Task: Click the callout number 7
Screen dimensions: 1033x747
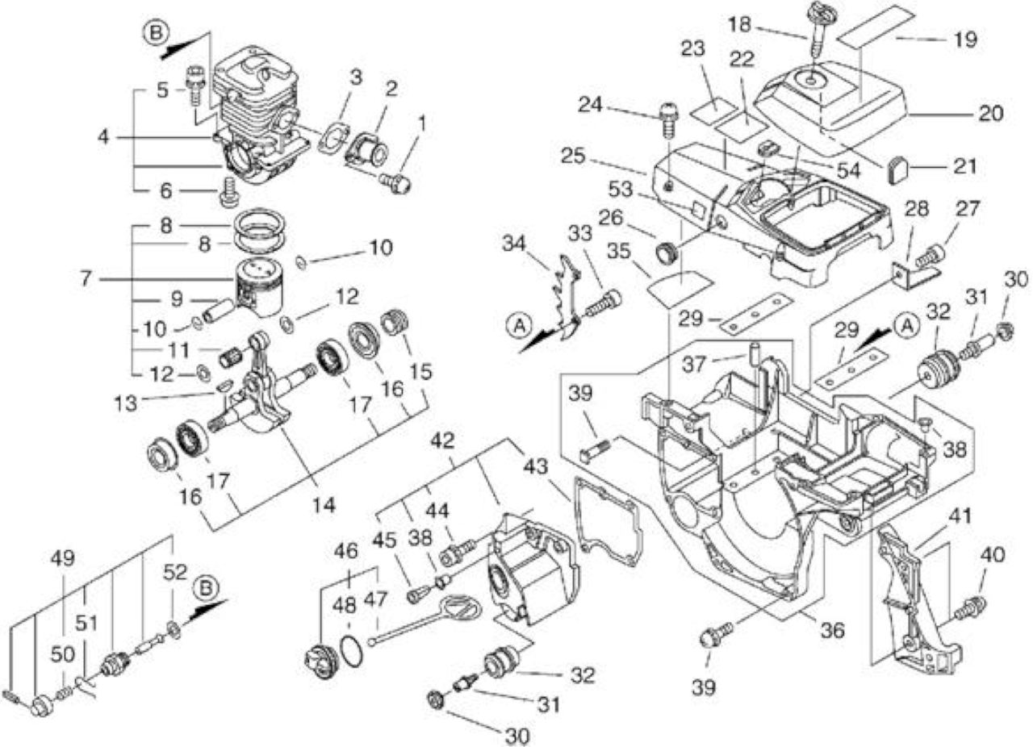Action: coord(86,278)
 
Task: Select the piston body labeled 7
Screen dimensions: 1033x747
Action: coord(259,287)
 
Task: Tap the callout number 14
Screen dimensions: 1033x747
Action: coord(324,504)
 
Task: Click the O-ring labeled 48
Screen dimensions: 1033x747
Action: coord(351,649)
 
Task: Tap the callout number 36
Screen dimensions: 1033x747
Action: coord(832,630)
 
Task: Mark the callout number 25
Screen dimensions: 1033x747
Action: coord(573,156)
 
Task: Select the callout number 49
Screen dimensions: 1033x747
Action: coord(63,558)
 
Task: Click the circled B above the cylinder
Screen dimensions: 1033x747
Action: coord(157,33)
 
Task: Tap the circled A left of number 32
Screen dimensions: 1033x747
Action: coord(906,326)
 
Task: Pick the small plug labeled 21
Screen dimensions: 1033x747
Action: coord(898,170)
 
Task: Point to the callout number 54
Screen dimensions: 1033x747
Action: coord(849,170)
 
